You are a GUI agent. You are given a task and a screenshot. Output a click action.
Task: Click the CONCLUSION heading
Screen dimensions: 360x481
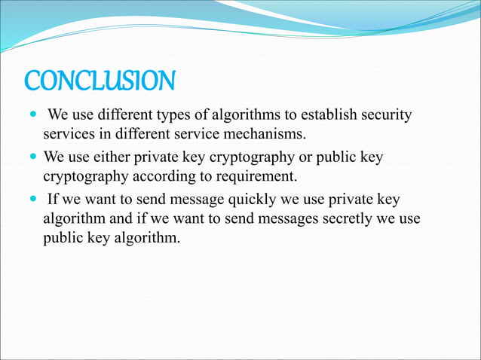click(100, 81)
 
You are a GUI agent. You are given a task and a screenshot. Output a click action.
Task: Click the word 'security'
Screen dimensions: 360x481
click(387, 115)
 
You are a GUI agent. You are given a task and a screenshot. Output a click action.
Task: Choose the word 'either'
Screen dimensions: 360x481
click(113, 158)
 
